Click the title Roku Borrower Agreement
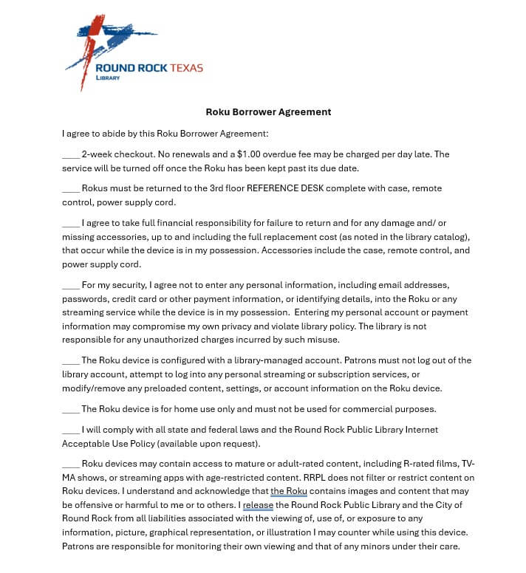tap(268, 112)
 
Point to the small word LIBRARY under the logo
tap(108, 78)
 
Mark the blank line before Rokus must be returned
tap(71, 188)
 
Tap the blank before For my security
tap(71, 284)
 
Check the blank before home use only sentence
tap(71, 408)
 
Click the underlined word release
tap(259, 505)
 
